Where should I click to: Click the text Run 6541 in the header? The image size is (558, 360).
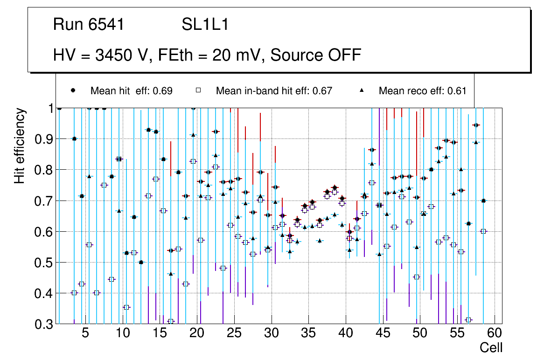[89, 25]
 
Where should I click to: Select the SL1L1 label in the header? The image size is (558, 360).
[205, 25]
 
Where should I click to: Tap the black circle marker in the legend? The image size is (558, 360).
[73, 90]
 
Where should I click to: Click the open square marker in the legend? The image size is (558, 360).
[198, 90]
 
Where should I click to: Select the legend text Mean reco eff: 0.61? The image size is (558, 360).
[422, 91]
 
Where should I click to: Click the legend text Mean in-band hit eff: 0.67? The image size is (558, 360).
[274, 91]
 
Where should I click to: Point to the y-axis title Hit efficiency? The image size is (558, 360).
[20, 145]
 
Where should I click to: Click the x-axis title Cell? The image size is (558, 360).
[491, 347]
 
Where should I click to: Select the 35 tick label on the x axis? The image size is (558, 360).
[308, 333]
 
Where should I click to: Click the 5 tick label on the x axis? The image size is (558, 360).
[85, 333]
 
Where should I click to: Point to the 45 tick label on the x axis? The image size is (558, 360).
[383, 333]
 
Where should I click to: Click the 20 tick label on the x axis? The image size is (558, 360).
[197, 333]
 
